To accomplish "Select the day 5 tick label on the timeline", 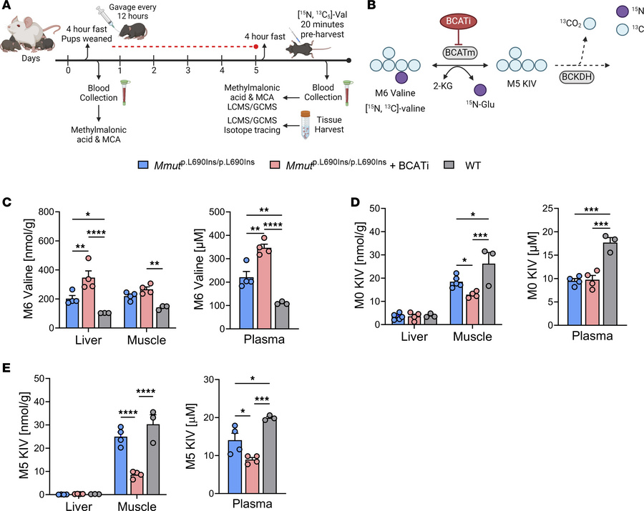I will [x=256, y=72].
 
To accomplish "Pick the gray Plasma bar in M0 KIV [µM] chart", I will [x=610, y=285].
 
